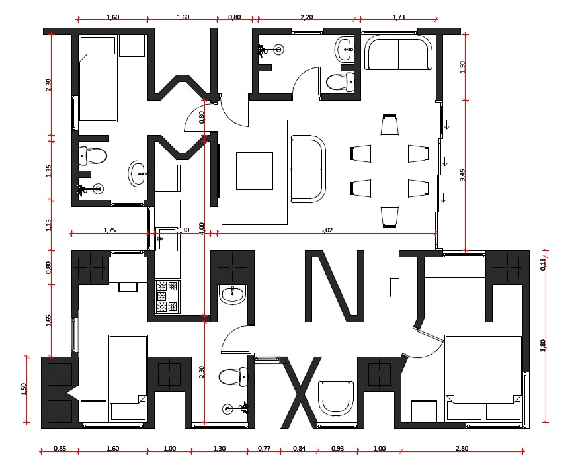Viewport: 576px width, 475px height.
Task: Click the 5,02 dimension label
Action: coord(326,230)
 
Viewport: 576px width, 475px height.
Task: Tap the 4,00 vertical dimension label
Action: coord(201,228)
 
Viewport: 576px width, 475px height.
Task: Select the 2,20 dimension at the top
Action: coord(306,17)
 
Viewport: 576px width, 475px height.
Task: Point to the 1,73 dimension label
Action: coord(399,17)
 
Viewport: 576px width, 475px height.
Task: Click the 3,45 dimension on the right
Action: coord(462,175)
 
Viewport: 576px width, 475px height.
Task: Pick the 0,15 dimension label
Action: coord(543,264)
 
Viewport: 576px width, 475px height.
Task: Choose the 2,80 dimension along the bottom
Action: coord(462,448)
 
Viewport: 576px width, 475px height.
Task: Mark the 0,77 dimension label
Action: coord(264,448)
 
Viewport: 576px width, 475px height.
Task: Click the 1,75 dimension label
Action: coord(110,230)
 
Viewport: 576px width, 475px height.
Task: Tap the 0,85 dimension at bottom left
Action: coord(60,448)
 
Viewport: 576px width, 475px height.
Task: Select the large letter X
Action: coord(300,392)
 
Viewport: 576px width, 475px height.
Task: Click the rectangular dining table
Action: coord(390,171)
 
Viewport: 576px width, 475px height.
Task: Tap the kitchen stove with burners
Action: coord(167,296)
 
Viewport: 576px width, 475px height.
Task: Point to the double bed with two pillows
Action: coord(483,377)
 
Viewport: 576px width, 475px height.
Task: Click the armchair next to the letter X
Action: coord(336,398)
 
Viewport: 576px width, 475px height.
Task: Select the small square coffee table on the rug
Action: coord(255,171)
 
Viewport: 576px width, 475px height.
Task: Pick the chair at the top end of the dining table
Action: coord(390,125)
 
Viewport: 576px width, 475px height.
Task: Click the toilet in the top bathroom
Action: coord(341,82)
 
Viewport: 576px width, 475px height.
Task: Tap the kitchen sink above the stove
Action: coord(167,239)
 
